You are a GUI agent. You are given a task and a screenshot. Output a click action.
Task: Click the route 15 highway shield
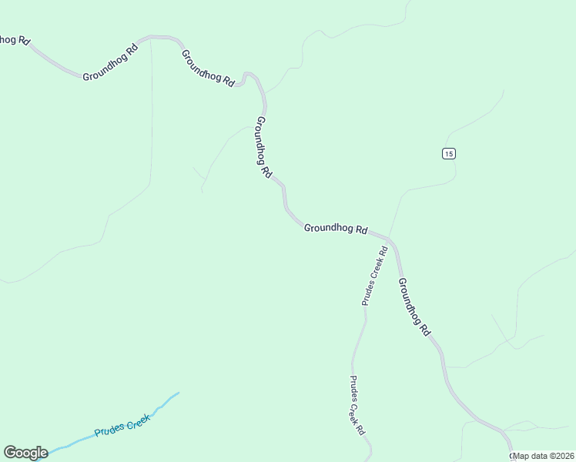[x=449, y=153]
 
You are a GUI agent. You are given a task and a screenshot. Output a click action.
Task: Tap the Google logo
[x=25, y=453]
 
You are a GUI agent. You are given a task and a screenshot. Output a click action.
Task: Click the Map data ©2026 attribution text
[x=544, y=456]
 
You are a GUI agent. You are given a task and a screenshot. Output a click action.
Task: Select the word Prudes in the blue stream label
[x=109, y=430]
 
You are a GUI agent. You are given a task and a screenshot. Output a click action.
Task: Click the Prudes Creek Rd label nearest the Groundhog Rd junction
[x=374, y=276]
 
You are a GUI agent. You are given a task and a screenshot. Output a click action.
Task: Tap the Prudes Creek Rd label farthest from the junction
[x=357, y=406]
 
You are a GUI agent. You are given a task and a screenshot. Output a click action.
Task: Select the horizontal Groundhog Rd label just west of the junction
[x=335, y=228]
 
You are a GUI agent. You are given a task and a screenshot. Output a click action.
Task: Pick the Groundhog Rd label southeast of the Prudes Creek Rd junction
[x=414, y=306]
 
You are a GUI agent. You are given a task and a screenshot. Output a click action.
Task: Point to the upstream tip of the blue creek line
[x=178, y=393]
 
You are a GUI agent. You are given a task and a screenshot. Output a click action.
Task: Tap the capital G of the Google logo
[x=10, y=453]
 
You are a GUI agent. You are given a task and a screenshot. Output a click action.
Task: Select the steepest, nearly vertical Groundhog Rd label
[x=263, y=148]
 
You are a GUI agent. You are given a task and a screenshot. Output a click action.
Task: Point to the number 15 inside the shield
[x=449, y=153]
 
